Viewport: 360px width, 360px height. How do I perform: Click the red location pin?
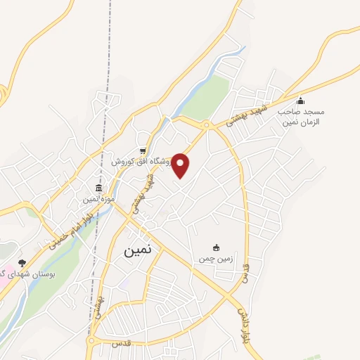[x=181, y=165]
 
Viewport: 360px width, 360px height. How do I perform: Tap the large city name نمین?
[x=141, y=250]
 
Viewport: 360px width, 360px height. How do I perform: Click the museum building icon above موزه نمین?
[x=98, y=188]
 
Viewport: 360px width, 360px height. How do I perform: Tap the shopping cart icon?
[x=143, y=150]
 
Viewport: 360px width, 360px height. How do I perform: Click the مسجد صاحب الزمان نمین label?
[x=300, y=117]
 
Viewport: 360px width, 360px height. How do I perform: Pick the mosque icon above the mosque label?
[x=300, y=101]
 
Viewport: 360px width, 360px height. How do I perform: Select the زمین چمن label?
[x=216, y=259]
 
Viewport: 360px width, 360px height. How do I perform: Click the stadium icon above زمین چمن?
[x=216, y=247]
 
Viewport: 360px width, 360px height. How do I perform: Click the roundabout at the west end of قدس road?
[x=91, y=342]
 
